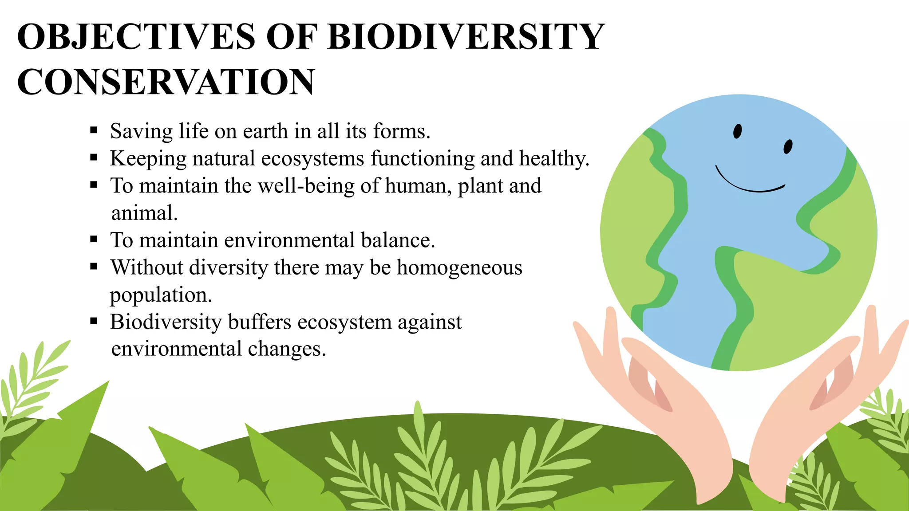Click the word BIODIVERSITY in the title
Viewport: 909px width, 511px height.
coord(466,36)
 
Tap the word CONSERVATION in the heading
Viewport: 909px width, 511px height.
coord(166,83)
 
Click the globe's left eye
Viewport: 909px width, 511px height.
coord(737,131)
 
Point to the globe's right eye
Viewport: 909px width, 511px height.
coord(788,147)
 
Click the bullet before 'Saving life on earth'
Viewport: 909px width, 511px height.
coord(94,130)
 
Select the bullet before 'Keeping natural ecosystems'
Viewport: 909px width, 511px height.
coord(94,157)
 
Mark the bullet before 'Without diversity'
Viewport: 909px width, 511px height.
coord(94,267)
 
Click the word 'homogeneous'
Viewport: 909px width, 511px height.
coord(459,267)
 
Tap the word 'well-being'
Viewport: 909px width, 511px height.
coord(306,186)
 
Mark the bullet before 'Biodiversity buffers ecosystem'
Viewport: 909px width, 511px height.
coord(94,321)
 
